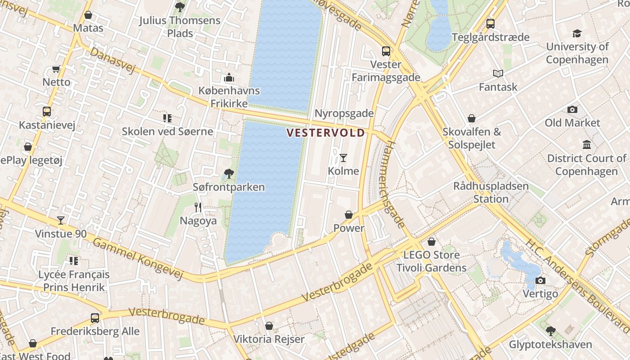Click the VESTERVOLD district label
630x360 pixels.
tap(325, 133)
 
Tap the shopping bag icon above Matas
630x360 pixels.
tap(88, 15)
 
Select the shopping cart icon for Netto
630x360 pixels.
tap(56, 69)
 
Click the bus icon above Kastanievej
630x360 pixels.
tap(46, 111)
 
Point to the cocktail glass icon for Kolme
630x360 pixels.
tap(343, 157)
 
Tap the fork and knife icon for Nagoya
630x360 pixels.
tap(198, 207)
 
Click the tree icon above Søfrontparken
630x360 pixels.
tap(229, 173)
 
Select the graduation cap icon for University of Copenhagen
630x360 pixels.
tap(577, 33)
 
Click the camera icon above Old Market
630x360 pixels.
tap(572, 109)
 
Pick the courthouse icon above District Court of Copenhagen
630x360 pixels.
tap(587, 145)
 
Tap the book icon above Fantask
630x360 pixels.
tap(498, 73)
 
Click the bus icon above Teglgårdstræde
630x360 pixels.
tap(490, 23)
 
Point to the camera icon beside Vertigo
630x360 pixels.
tap(540, 280)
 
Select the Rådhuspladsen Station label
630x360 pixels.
tap(490, 192)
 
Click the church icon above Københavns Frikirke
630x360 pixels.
tap(229, 77)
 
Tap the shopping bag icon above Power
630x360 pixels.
tap(349, 215)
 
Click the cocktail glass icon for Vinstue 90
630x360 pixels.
tap(61, 220)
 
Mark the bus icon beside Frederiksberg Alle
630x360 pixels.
tap(95, 318)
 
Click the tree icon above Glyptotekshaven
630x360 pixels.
tap(550, 331)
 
